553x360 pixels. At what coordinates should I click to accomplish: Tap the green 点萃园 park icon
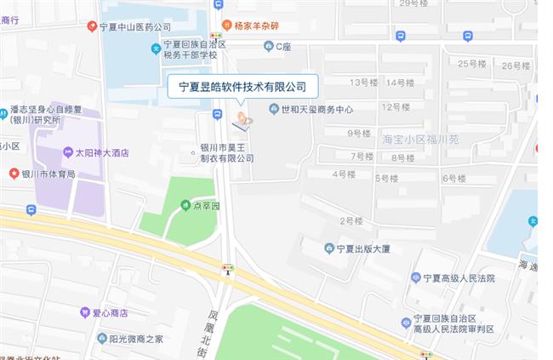point(185,204)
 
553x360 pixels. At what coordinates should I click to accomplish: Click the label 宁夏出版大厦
point(362,249)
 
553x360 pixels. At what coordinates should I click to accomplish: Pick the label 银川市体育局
point(48,174)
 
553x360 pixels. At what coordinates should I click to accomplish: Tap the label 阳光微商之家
point(135,338)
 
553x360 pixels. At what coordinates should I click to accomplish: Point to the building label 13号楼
point(363,82)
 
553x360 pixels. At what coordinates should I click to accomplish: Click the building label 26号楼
point(516,66)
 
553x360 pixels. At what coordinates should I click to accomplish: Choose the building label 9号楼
point(360,134)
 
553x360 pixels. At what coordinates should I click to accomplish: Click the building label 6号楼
point(454,178)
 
